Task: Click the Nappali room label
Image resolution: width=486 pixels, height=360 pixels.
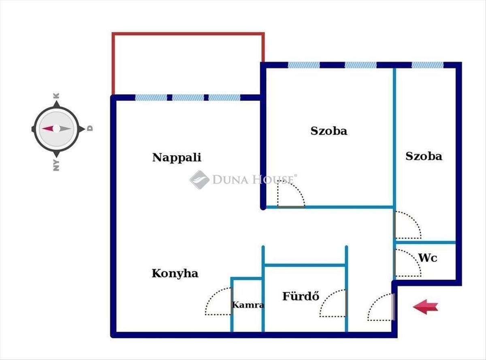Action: tap(177, 157)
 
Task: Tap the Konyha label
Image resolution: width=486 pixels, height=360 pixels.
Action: tap(175, 273)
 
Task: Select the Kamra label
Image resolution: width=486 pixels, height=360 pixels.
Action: tap(248, 305)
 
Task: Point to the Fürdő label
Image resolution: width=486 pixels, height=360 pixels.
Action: tap(301, 296)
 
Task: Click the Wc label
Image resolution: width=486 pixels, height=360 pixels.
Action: tap(428, 258)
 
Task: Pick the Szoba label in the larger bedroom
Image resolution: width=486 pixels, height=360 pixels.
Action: tap(329, 131)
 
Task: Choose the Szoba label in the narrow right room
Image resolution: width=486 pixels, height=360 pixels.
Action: tap(424, 156)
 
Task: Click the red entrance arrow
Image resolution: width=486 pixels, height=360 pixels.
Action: tap(425, 307)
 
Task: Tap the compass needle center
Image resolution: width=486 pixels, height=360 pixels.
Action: tap(57, 129)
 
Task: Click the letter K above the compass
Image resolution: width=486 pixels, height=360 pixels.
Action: tap(56, 96)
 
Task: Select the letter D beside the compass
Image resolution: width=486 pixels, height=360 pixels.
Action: tap(90, 128)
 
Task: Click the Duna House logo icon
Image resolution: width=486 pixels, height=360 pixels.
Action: tap(199, 180)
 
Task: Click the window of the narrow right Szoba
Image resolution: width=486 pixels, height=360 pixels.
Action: tap(428, 65)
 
